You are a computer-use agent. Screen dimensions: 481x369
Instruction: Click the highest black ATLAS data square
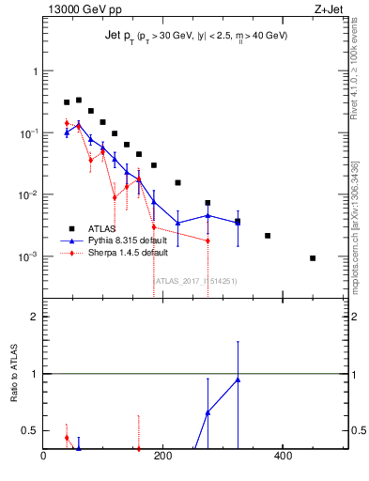coord(79,100)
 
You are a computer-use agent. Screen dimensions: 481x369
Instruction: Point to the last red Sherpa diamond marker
coord(208,240)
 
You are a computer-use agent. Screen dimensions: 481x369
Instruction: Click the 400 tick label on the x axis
coord(282,457)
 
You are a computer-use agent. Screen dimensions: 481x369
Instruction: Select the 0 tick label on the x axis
coord(43,457)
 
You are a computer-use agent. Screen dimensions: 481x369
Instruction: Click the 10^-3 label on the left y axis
coord(26,256)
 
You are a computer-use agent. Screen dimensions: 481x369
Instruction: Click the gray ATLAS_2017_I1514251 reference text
coord(195,280)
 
